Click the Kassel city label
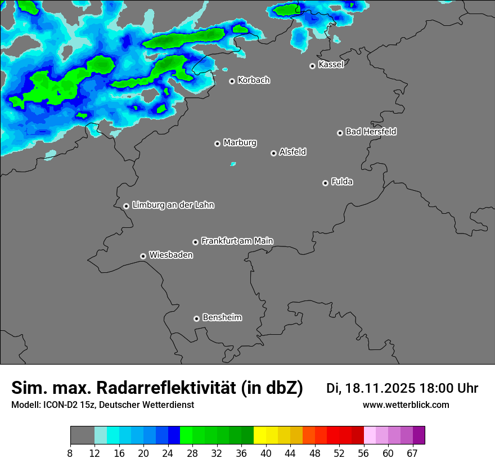[331, 65]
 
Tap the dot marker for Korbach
[232, 81]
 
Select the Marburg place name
[240, 143]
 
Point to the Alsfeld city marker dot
[273, 153]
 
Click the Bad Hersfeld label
[371, 132]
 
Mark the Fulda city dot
[325, 183]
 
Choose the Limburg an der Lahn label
[173, 205]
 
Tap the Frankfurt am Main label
[237, 241]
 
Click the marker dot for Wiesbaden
[143, 256]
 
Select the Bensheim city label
[222, 318]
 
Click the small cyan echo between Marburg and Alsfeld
[233, 164]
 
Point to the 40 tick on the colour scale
[265, 453]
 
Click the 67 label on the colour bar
[412, 453]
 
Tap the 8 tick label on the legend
[70, 453]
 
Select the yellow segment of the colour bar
[260, 435]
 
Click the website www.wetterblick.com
[406, 405]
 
